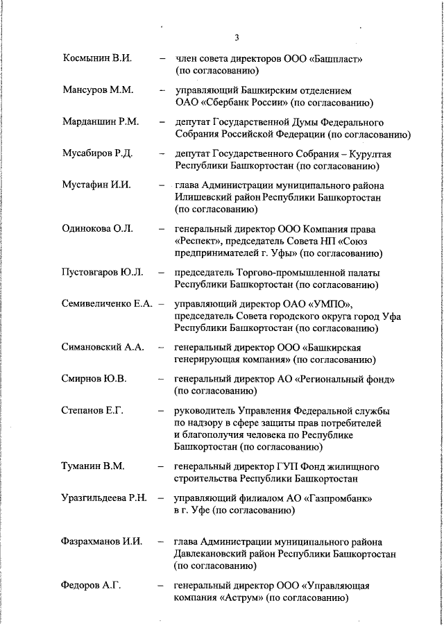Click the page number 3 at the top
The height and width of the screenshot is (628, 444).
coord(237,37)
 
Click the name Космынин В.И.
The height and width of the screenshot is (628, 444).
coord(97,58)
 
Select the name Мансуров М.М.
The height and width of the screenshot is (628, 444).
coord(97,91)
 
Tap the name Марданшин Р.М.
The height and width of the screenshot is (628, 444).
coord(101,122)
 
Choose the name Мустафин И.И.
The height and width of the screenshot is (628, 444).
coord(96,185)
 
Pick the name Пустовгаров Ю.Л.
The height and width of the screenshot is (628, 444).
coord(103,271)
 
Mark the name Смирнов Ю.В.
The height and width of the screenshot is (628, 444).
coord(94,379)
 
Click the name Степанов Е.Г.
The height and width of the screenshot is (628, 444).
coord(92,411)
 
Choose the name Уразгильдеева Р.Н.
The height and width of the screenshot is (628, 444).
coord(105,498)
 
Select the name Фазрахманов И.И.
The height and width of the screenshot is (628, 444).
coord(102,541)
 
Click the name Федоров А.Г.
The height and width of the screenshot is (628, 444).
coord(91,585)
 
